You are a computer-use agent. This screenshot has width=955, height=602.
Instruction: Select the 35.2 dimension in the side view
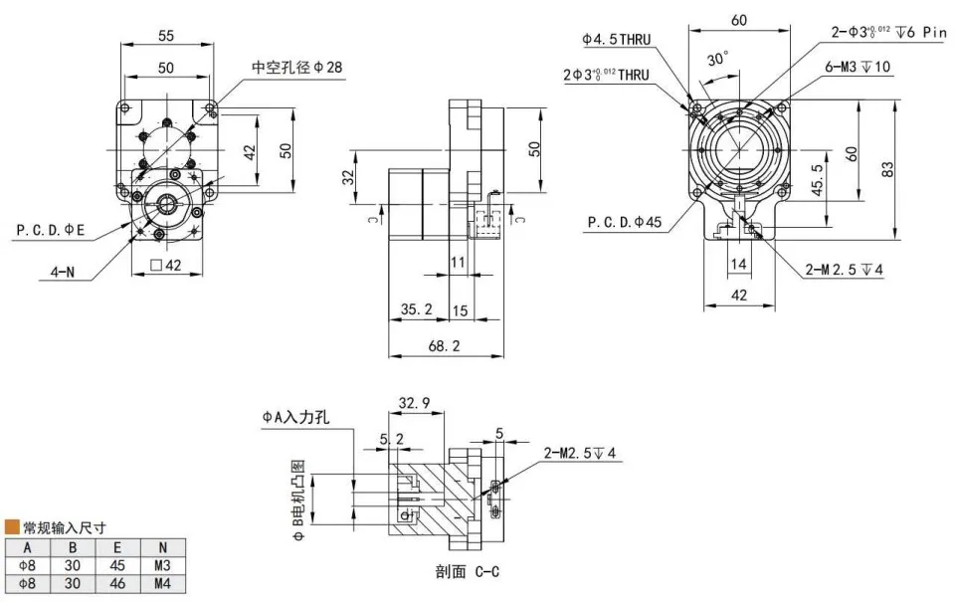pyautogui.click(x=416, y=309)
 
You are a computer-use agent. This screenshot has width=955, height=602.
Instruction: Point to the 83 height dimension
pyautogui.click(x=887, y=170)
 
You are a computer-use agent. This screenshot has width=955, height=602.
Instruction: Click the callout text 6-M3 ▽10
pyautogui.click(x=858, y=67)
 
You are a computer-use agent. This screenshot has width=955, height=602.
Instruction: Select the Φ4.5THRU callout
pyautogui.click(x=617, y=40)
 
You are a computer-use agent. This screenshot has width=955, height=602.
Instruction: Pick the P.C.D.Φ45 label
pyautogui.click(x=624, y=222)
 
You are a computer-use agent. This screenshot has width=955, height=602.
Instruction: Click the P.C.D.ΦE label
pyautogui.click(x=51, y=230)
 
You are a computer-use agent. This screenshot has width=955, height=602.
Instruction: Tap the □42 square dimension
pyautogui.click(x=164, y=265)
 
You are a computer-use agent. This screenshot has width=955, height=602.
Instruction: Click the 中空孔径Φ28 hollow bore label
pyautogui.click(x=297, y=68)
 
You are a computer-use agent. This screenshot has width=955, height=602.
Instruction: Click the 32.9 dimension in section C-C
pyautogui.click(x=414, y=403)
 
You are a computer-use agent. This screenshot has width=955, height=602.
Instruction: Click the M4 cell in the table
pyautogui.click(x=162, y=582)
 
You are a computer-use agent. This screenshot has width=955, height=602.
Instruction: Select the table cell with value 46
pyautogui.click(x=117, y=582)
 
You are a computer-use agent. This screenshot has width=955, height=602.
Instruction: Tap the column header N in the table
pyautogui.click(x=162, y=546)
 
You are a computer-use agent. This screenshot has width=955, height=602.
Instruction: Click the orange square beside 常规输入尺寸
pyautogui.click(x=12, y=526)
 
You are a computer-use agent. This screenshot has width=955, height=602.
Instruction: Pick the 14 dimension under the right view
pyautogui.click(x=737, y=264)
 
